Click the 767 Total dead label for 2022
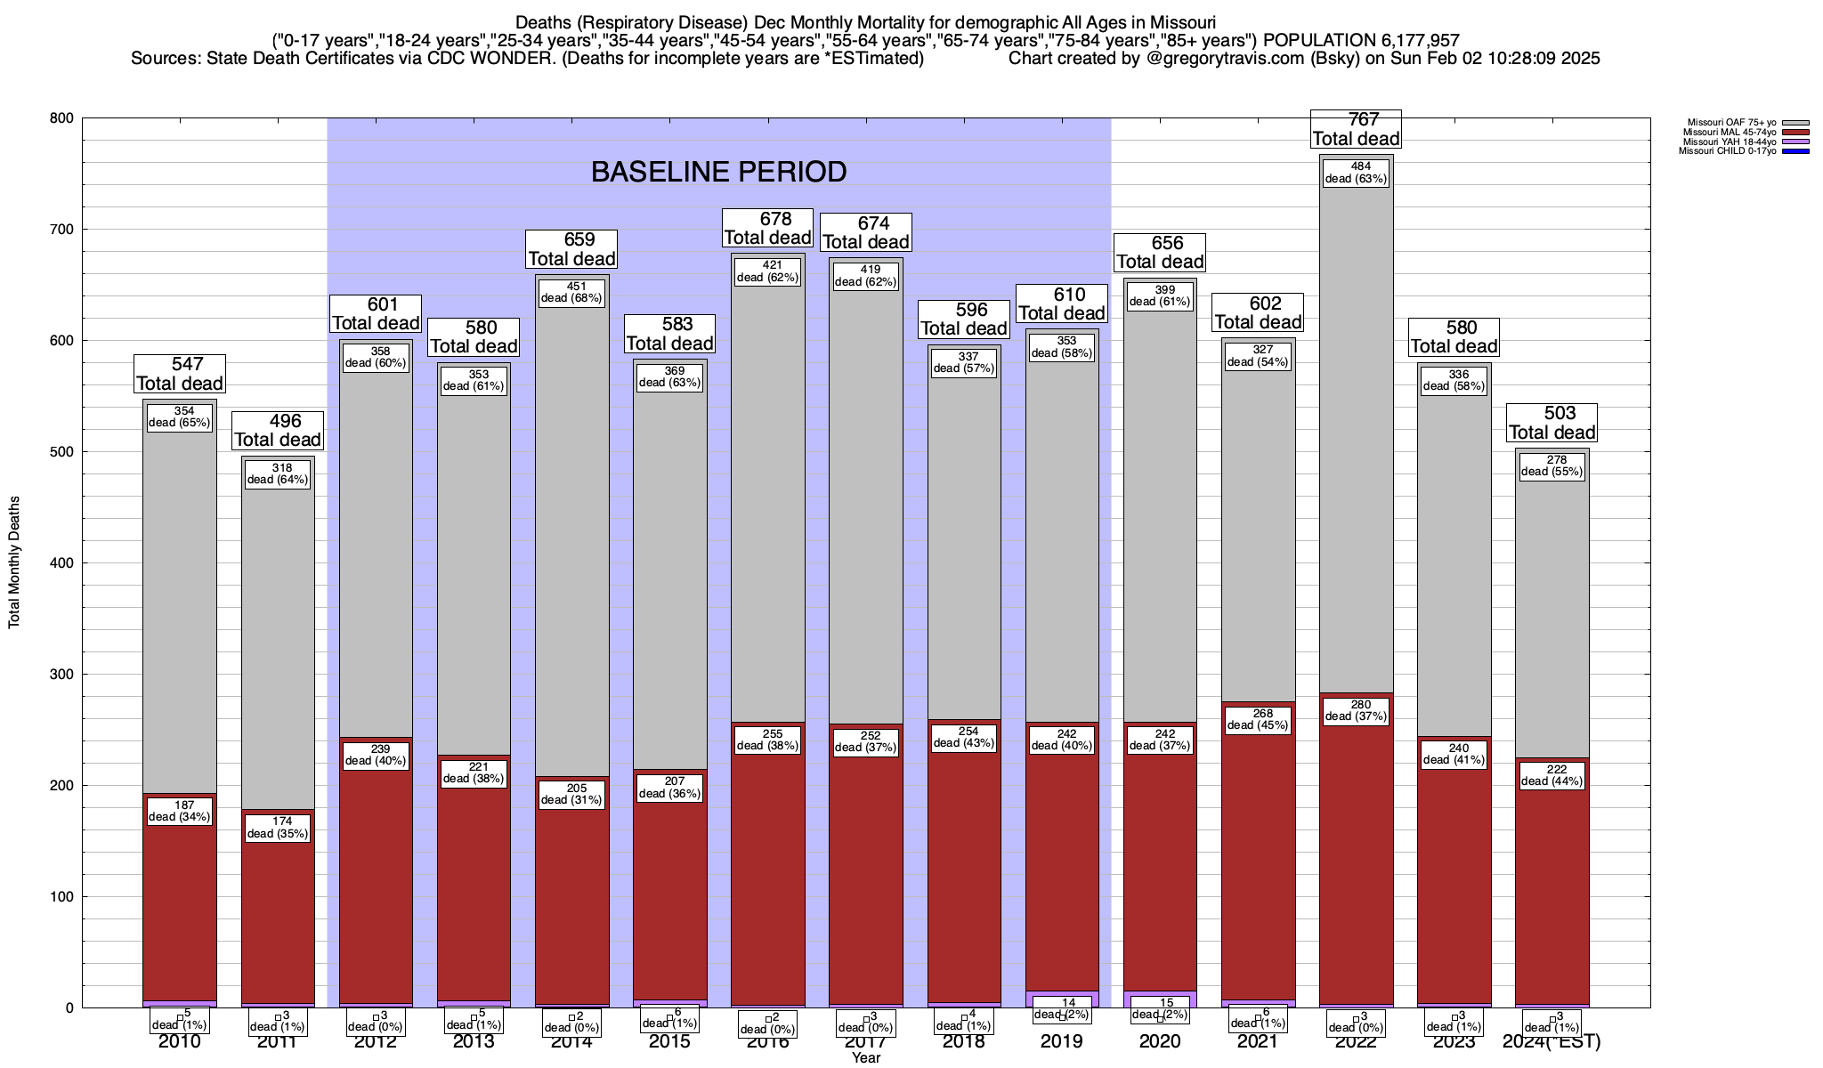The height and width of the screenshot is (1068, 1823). click(x=1356, y=129)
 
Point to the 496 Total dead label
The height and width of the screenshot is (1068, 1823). click(x=278, y=431)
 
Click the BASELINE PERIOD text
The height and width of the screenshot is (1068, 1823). click(x=718, y=172)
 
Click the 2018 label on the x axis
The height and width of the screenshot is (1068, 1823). click(x=964, y=1041)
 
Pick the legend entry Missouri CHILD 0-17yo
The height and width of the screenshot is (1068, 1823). click(x=1727, y=151)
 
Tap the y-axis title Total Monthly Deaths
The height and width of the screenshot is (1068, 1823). click(x=14, y=562)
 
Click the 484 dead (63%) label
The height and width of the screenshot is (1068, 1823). click(x=1356, y=173)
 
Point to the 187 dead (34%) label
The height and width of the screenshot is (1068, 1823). click(x=180, y=812)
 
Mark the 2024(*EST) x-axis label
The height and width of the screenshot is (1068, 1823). click(x=1552, y=1041)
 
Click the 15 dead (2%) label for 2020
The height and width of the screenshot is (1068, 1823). click(x=1160, y=1009)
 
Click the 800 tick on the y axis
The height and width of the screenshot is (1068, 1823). click(x=62, y=118)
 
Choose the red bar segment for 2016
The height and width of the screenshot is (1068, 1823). click(x=767, y=890)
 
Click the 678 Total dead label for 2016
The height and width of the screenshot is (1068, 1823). click(x=767, y=228)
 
